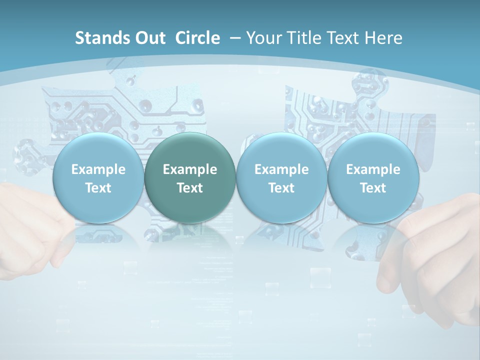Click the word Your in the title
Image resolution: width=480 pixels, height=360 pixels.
tap(263, 38)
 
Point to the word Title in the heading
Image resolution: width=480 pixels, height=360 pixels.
tap(304, 38)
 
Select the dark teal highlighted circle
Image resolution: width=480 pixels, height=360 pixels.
tap(190, 178)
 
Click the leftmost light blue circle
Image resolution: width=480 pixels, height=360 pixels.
tap(98, 178)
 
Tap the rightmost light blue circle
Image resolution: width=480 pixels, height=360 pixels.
tap(373, 178)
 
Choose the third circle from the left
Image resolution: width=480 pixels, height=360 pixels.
tap(281, 178)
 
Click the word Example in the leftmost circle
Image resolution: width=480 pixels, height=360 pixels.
tap(98, 169)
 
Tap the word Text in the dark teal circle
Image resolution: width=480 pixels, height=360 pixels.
tap(190, 188)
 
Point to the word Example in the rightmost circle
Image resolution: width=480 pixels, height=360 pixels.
tap(373, 169)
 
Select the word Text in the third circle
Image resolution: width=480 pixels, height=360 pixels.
tap(281, 188)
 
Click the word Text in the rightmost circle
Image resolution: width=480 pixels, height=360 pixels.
tap(373, 188)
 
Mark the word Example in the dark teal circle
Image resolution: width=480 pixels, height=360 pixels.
tap(190, 169)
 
